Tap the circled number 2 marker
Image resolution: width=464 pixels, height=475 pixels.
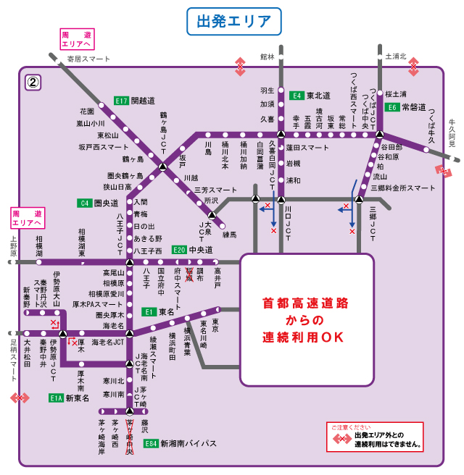pos(33,82)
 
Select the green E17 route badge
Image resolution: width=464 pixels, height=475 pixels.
pos(121,101)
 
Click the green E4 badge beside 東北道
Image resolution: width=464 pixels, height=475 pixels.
pos(297,95)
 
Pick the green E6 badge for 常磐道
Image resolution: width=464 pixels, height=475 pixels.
pos(391,107)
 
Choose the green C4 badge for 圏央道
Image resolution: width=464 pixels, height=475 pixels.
pos(86,203)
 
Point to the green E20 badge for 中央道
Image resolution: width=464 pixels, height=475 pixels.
pos(180,250)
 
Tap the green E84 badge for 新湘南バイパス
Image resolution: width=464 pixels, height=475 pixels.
pos(150,443)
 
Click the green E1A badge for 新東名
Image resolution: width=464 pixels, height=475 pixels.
pos(57,398)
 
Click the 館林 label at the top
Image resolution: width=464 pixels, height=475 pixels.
pos(268,56)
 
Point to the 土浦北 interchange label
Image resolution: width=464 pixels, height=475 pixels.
pos(396,56)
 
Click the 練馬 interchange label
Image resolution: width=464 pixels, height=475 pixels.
pos(229,235)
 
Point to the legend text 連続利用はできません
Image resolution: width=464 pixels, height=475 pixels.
pos(388,444)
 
